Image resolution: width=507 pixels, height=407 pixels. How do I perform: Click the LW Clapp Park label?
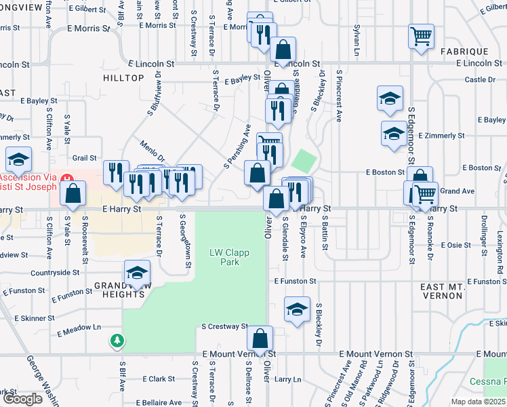click(228, 257)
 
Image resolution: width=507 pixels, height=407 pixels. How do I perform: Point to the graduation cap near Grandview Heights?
click(138, 274)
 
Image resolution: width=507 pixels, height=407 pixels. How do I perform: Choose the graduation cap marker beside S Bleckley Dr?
click(297, 309)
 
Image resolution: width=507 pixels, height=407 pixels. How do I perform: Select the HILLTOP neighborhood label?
click(123, 78)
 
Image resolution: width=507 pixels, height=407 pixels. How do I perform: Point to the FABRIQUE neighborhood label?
click(464, 52)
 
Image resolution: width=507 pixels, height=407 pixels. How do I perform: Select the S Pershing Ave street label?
click(237, 147)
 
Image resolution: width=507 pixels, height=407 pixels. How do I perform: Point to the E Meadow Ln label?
click(84, 331)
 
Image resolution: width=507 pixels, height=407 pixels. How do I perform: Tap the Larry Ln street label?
click(287, 379)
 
